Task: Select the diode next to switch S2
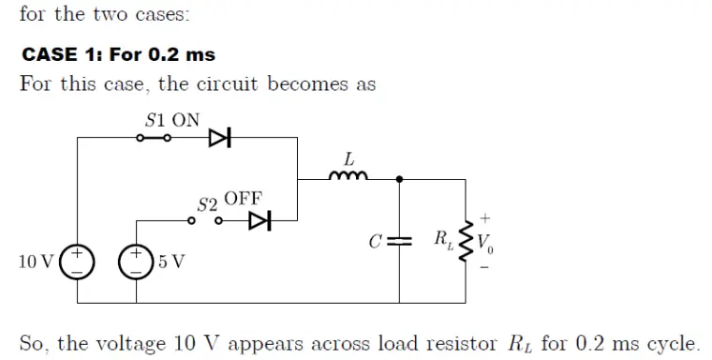259,221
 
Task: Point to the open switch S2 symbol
205,221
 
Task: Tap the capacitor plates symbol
400,240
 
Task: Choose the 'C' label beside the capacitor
376,240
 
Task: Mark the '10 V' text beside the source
36,260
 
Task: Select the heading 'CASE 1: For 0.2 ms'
118,54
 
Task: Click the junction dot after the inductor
400,177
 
